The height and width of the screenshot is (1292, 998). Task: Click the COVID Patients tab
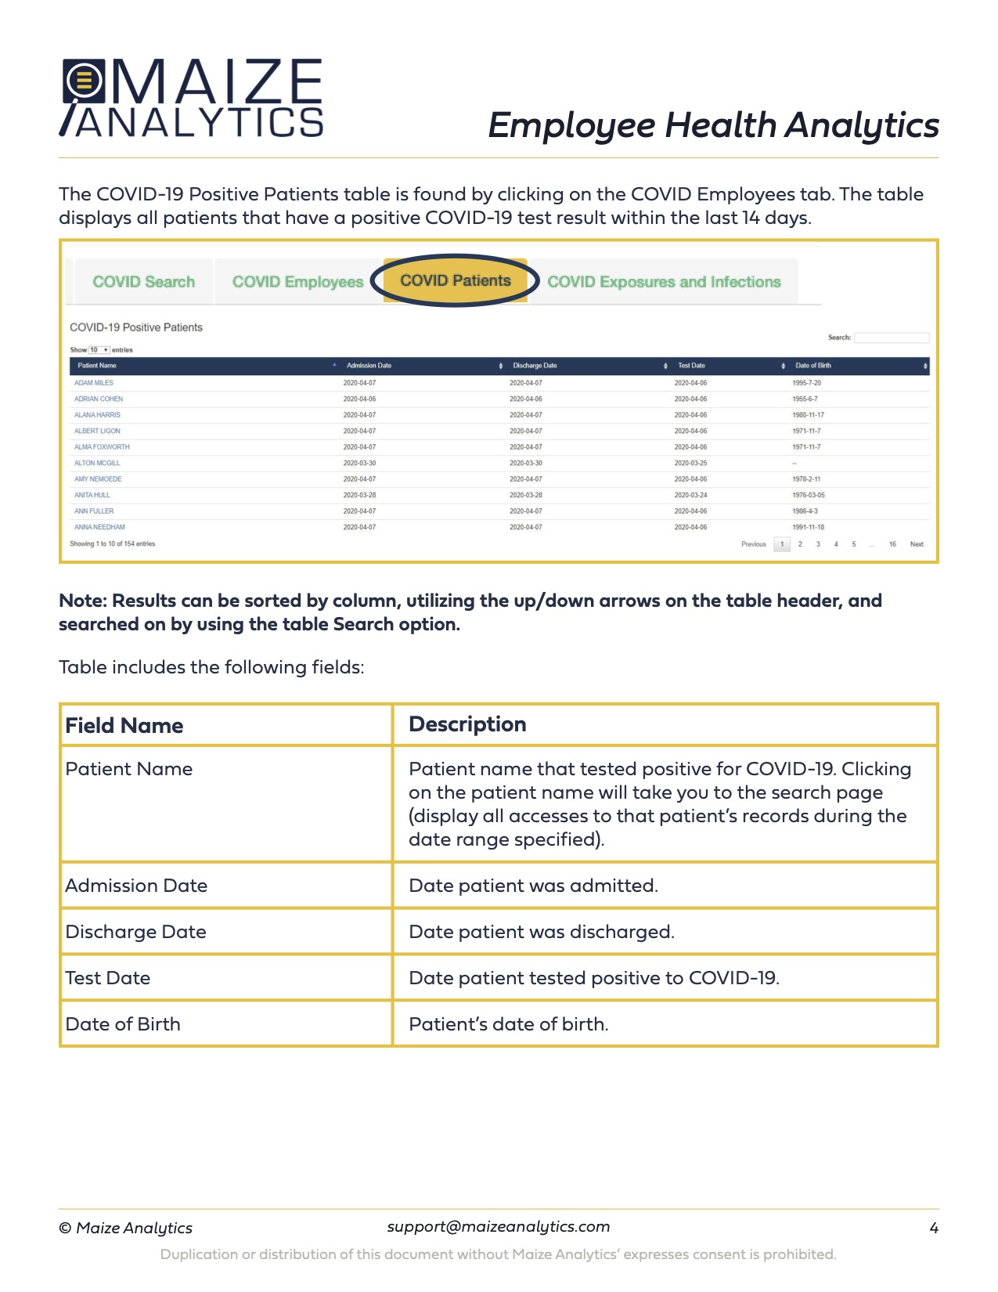click(455, 280)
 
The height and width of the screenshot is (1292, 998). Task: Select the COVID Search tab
click(144, 282)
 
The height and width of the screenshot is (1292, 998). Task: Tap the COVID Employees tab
click(297, 282)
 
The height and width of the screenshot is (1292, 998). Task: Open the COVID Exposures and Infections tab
click(664, 282)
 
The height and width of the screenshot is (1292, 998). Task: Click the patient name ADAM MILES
click(94, 383)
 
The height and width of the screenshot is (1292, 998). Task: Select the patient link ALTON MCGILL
click(97, 463)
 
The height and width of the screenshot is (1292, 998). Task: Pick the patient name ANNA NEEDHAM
click(99, 527)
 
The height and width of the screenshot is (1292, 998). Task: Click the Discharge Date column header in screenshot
click(535, 366)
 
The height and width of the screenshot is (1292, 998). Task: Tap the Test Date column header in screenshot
click(691, 366)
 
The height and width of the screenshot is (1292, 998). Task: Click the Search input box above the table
click(892, 337)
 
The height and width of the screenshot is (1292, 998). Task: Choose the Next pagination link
click(917, 544)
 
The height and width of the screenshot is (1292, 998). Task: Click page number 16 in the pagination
click(892, 544)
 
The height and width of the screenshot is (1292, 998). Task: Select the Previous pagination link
click(753, 544)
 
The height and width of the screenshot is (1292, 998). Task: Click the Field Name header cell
click(124, 725)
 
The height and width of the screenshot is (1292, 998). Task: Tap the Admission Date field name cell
click(136, 886)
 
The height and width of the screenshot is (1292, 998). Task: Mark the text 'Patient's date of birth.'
click(509, 1024)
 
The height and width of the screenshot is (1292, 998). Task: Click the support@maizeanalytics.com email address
click(499, 1226)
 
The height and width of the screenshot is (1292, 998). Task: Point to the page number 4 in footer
click(933, 1228)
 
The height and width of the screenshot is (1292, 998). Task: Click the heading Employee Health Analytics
click(713, 125)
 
